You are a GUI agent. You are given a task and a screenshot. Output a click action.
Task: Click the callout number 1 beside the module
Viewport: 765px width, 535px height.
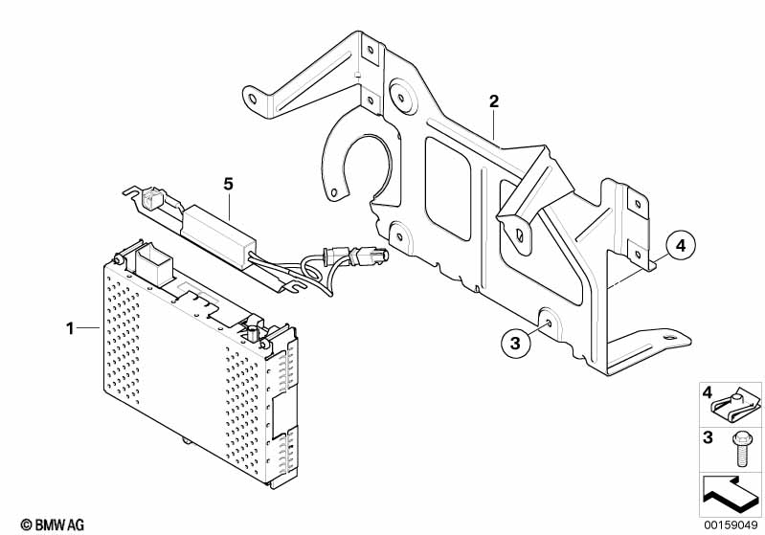[x=70, y=329]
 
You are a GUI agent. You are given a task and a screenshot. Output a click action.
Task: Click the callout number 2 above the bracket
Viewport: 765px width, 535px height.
[x=494, y=101]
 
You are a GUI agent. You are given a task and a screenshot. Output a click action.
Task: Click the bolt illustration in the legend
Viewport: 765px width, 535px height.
[x=738, y=443]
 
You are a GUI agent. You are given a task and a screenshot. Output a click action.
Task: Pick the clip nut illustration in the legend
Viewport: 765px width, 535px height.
[x=738, y=407]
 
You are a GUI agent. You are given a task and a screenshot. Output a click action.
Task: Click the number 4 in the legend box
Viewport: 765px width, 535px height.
[x=709, y=392]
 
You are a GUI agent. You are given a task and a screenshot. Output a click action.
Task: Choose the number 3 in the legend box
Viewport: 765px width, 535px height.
[x=709, y=437]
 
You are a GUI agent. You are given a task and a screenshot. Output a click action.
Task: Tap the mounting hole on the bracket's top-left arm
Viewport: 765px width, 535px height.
[x=252, y=98]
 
